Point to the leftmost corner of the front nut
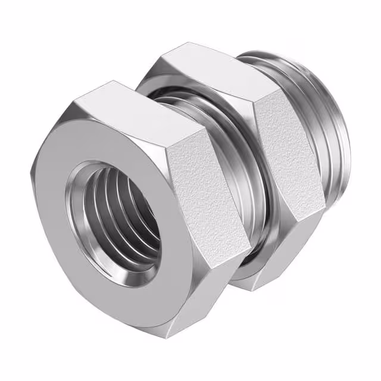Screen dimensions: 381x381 pyautogui.click(x=30, y=173)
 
